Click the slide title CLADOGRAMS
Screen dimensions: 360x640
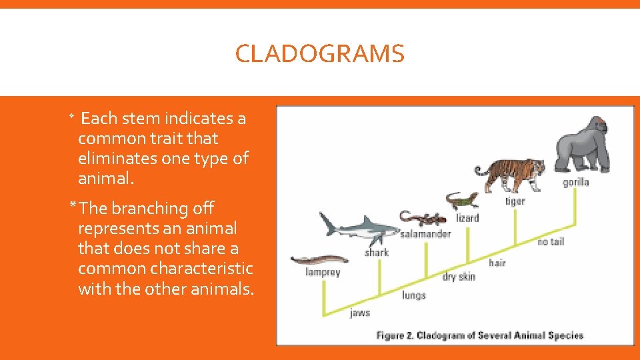coord(319,54)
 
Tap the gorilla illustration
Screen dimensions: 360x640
coord(583,145)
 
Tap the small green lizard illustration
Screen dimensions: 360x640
coord(462,200)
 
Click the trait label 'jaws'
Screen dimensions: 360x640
coord(360,313)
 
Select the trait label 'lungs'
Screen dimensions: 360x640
coord(413,295)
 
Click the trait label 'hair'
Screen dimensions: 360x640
coord(497,263)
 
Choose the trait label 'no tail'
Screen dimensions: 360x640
coord(551,241)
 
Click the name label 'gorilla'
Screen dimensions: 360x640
coord(576,182)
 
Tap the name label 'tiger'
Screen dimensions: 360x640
coord(515,201)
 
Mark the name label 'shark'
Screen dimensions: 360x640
coord(377,253)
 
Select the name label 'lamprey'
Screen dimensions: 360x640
coord(323,272)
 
